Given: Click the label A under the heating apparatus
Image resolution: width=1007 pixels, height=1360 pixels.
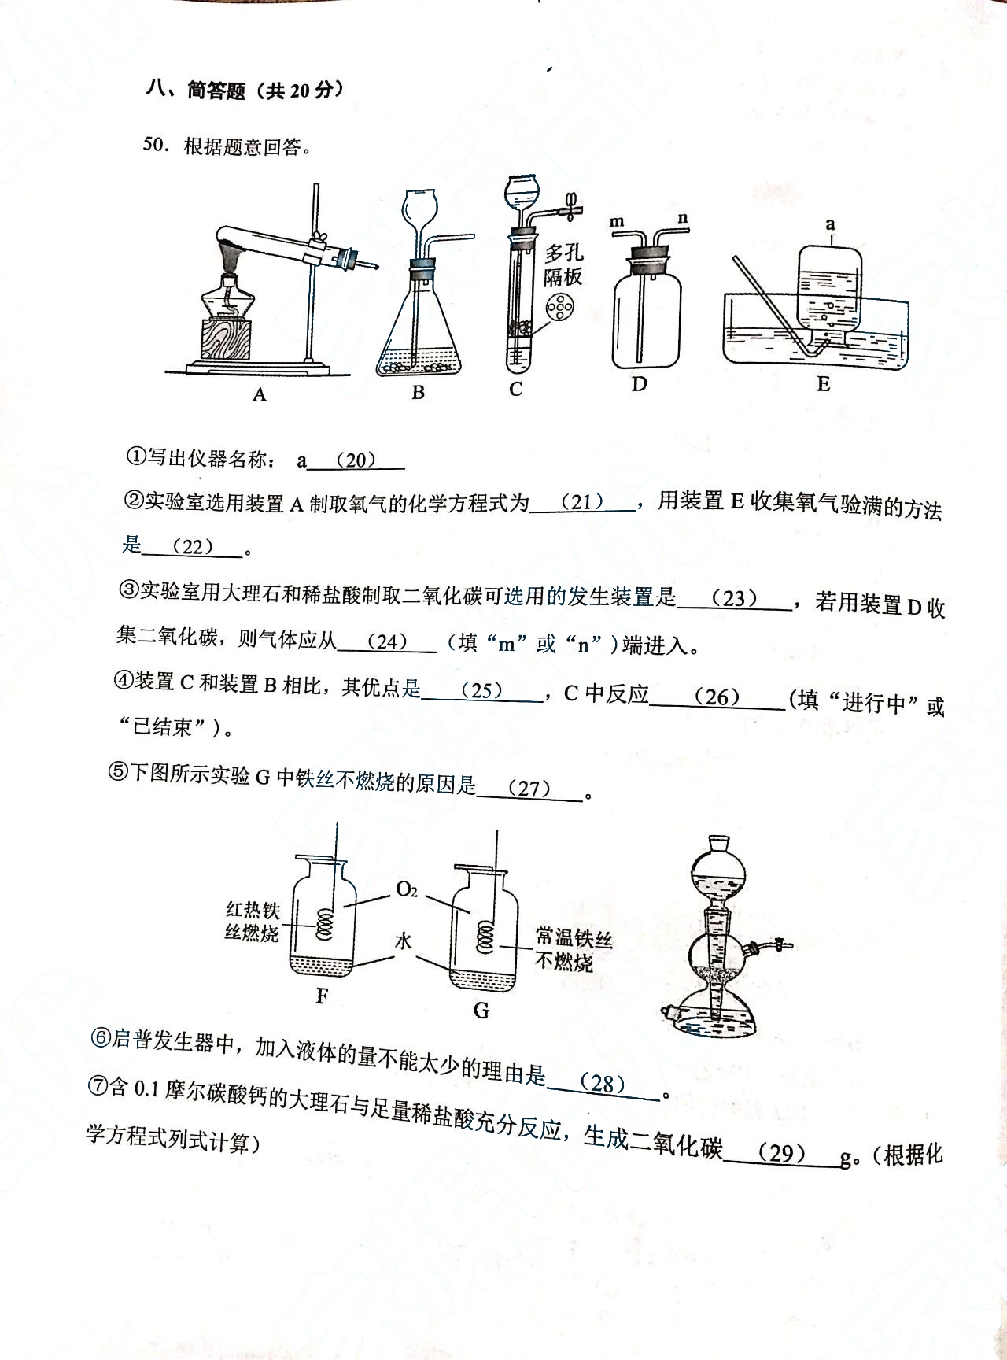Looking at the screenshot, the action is [260, 394].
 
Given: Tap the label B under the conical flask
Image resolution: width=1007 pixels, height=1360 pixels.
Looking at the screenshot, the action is [418, 392].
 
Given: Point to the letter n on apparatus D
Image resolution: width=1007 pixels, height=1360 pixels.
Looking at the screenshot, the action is [682, 218].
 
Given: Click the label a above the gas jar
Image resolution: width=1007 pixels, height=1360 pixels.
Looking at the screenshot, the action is [830, 224].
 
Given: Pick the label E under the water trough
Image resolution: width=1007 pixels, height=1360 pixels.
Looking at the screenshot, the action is [823, 384].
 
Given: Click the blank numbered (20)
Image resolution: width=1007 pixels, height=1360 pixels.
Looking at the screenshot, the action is [356, 460].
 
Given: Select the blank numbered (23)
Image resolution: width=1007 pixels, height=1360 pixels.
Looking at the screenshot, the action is [734, 599].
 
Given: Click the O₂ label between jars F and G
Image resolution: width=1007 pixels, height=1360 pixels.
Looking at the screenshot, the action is [407, 890].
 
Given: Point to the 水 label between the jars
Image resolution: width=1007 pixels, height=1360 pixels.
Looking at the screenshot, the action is [404, 941].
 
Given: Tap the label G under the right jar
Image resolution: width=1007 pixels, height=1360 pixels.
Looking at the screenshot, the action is [481, 1010].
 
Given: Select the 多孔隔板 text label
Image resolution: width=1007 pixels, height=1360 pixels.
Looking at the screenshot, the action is [563, 264].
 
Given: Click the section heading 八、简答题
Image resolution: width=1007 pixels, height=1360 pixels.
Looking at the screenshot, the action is [196, 91].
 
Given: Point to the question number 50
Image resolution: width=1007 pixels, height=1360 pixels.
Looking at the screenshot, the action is [154, 146].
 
